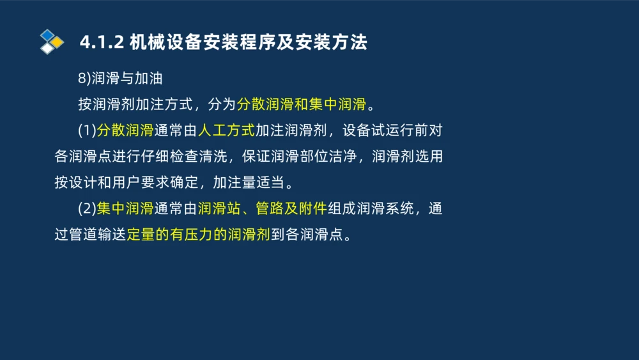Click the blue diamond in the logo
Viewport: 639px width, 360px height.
(x=47, y=35)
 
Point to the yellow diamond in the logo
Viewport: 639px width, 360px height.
(x=58, y=42)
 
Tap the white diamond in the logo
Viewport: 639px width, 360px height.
(x=47, y=49)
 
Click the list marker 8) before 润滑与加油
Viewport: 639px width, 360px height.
(x=85, y=79)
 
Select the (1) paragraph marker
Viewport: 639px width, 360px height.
(x=87, y=130)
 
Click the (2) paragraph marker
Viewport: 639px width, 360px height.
(x=87, y=208)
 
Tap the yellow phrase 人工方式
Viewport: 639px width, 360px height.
(x=226, y=130)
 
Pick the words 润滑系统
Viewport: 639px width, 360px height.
(x=385, y=208)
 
